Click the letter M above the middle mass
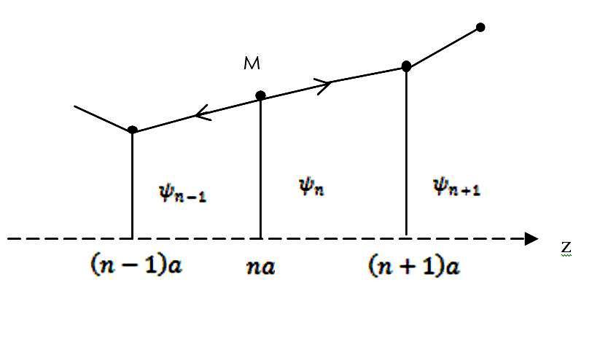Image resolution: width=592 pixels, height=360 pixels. click(x=252, y=64)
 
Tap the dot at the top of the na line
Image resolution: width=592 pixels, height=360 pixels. click(x=260, y=95)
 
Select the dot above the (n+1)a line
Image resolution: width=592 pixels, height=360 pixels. click(x=406, y=66)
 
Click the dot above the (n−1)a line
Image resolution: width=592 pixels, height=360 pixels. click(x=132, y=130)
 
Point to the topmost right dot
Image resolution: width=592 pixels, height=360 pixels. click(x=480, y=28)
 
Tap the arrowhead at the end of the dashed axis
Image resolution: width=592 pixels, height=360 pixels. click(x=532, y=238)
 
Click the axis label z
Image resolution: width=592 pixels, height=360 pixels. click(x=566, y=248)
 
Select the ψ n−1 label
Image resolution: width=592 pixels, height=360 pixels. click(x=182, y=192)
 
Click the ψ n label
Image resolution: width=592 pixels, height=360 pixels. click(x=311, y=187)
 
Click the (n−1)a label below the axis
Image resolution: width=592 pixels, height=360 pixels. click(x=135, y=266)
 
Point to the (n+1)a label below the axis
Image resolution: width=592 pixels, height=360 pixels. click(x=414, y=266)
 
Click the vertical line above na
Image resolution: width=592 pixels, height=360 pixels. click(x=260, y=168)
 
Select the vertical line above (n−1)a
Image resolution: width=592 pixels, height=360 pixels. click(x=132, y=186)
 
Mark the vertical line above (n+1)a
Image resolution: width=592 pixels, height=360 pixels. click(x=406, y=153)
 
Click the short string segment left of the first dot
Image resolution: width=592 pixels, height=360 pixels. click(x=104, y=118)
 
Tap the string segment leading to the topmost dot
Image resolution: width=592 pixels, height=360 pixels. click(x=443, y=47)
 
